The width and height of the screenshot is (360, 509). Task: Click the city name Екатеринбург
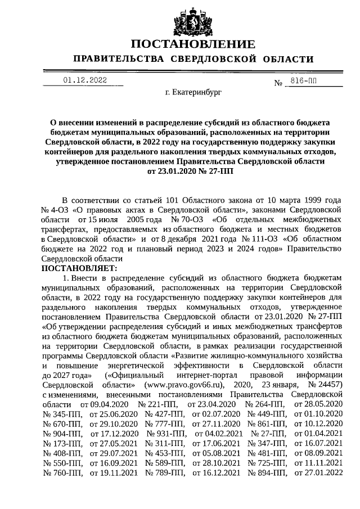193,91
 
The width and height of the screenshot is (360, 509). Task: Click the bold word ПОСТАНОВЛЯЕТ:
79,269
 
